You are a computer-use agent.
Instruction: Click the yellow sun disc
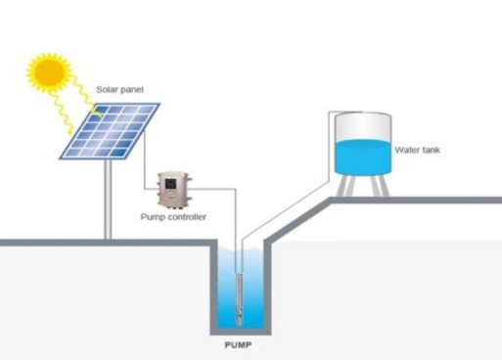[49, 72]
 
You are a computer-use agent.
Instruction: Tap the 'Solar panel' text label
[119, 90]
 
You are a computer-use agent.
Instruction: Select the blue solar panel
[110, 131]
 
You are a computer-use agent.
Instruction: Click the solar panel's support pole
[108, 200]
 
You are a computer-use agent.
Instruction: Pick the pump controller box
[174, 191]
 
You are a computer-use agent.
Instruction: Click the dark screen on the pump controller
[170, 184]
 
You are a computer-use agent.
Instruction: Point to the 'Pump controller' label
[173, 217]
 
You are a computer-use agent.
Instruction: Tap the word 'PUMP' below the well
[238, 345]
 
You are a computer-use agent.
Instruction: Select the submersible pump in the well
[239, 299]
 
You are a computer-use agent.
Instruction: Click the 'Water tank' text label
[417, 150]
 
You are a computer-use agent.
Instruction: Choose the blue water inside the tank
[363, 157]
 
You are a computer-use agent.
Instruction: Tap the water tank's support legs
[363, 186]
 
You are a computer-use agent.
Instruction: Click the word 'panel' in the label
[132, 90]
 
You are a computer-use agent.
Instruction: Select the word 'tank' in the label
[430, 150]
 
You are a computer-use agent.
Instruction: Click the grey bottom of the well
[241, 332]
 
